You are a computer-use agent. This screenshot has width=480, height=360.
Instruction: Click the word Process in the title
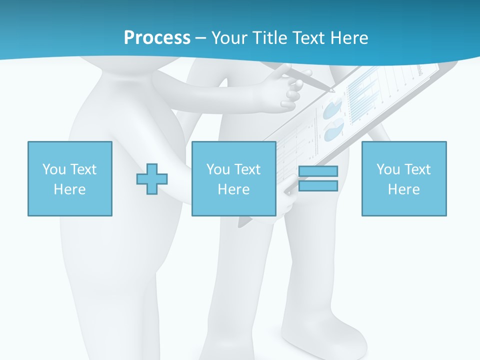pyautogui.click(x=157, y=37)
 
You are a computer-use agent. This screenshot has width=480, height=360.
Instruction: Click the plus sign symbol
pyautogui.click(x=152, y=178)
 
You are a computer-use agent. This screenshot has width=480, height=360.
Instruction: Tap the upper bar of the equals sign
pyautogui.click(x=318, y=171)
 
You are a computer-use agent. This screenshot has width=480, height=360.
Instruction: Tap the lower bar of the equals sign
pyautogui.click(x=318, y=186)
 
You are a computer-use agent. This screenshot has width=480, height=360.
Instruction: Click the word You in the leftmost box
pyautogui.click(x=54, y=169)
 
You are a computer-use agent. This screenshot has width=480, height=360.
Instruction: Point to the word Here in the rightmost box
pyautogui.click(x=404, y=189)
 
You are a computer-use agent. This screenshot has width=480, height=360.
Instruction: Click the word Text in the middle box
pyautogui.click(x=248, y=169)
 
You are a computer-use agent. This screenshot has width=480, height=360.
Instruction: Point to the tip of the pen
pyautogui.click(x=334, y=91)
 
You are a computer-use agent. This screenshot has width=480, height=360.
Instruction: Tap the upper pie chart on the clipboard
pyautogui.click(x=332, y=108)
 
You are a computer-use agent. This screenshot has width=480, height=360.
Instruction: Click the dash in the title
pyautogui.click(x=201, y=38)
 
